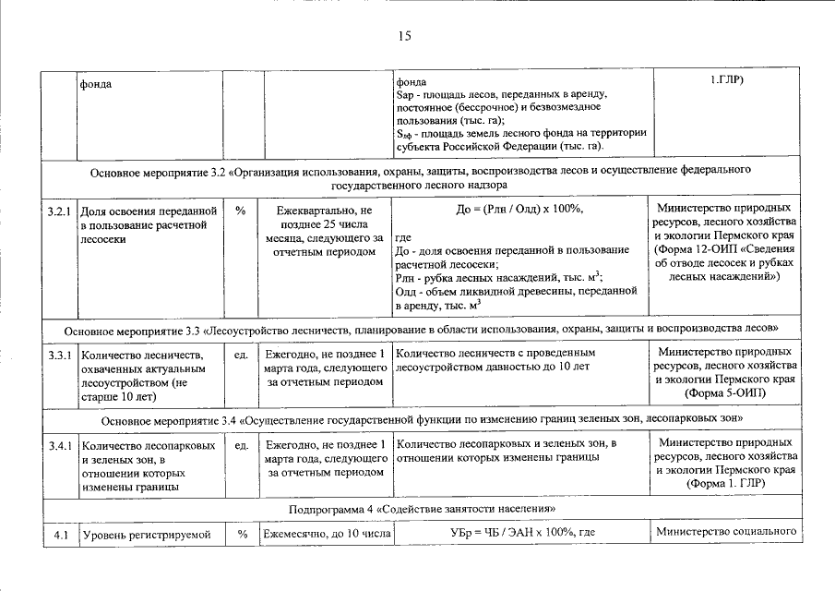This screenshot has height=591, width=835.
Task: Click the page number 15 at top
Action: coord(403,36)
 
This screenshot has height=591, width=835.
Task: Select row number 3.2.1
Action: coord(59,211)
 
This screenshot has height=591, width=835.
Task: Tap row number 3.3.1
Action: coord(59,355)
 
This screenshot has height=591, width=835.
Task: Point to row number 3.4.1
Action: coord(59,446)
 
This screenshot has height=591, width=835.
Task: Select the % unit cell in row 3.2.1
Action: coord(241,211)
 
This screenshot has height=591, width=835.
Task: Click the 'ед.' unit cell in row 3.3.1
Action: coord(241,355)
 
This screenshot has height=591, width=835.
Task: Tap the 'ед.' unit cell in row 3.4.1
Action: coord(241,446)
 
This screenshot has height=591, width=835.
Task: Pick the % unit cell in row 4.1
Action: coord(241,534)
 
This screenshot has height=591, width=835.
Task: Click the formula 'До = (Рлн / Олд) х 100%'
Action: coord(519,211)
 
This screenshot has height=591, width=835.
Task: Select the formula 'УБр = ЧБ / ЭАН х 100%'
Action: coord(523,534)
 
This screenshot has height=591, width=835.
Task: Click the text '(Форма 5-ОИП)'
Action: coord(724,393)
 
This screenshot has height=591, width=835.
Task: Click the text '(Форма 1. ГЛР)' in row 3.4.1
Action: coord(724,483)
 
